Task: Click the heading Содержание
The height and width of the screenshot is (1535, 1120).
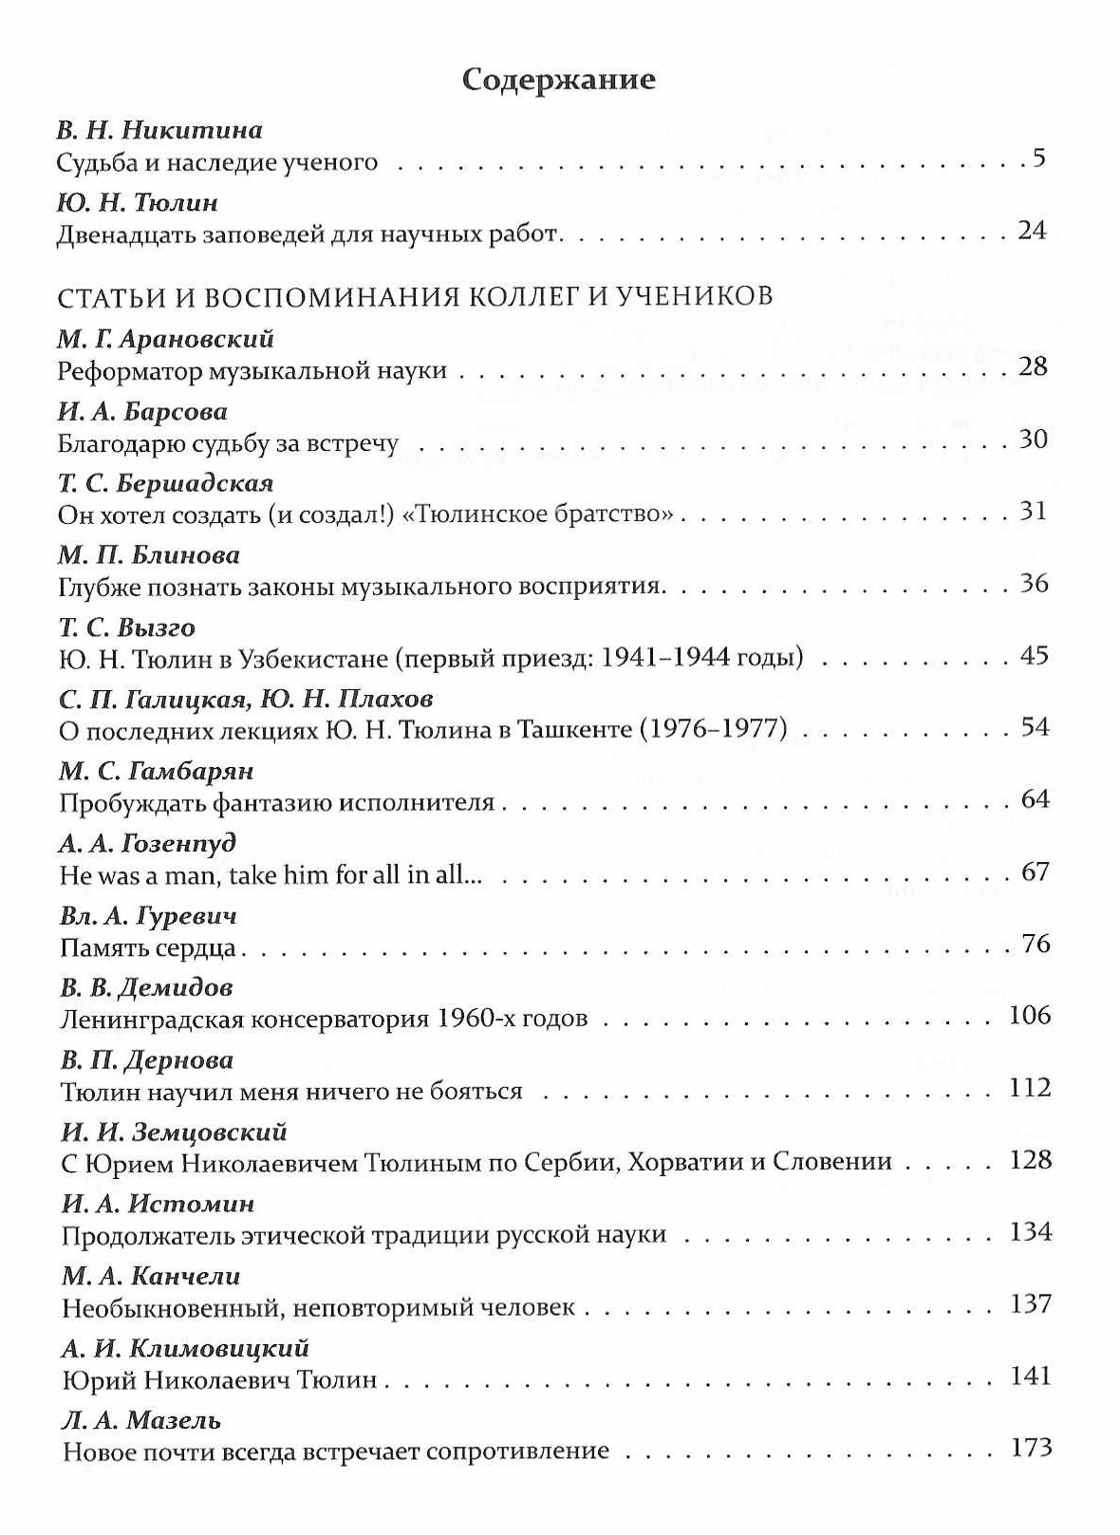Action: click(x=558, y=80)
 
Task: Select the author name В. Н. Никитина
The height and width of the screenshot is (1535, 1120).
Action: click(x=159, y=130)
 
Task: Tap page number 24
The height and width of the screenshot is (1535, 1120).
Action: click(x=1031, y=231)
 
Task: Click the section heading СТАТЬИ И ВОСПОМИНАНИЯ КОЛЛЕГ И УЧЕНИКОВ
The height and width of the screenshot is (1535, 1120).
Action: click(x=415, y=297)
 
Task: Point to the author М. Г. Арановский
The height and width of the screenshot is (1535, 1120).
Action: click(x=166, y=339)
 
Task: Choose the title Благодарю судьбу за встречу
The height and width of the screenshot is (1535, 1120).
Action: click(x=228, y=443)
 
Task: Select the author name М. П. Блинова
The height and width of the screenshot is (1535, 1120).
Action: click(x=149, y=554)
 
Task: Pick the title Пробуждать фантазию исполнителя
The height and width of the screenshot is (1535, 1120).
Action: click(x=277, y=803)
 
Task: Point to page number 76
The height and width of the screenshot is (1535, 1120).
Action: click(x=1035, y=944)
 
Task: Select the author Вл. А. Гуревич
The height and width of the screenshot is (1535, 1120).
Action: click(x=149, y=917)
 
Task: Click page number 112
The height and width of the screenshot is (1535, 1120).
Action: click(x=1030, y=1088)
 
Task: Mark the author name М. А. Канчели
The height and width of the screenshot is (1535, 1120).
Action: click(x=151, y=1277)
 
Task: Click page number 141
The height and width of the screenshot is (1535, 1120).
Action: click(x=1030, y=1376)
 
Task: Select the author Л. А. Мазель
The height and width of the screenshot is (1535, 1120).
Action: click(x=141, y=1421)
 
